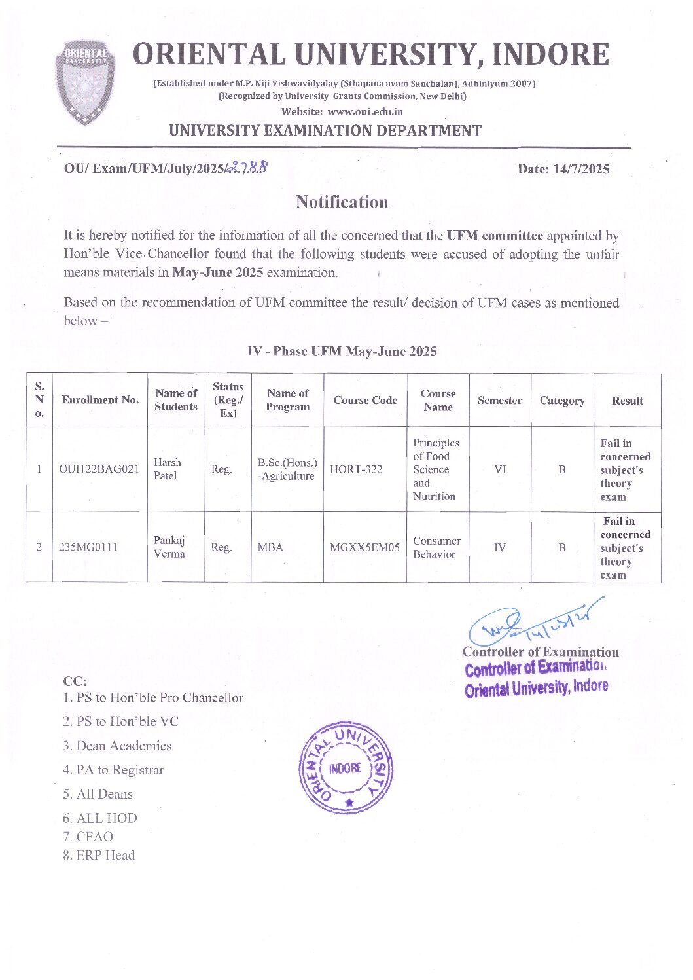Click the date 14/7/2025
[x=563, y=169]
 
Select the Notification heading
[x=342, y=202]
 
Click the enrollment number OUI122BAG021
[x=99, y=469]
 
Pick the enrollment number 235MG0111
[x=88, y=547]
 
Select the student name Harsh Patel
[x=167, y=469]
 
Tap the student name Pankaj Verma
[x=169, y=547]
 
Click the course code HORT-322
[x=356, y=469]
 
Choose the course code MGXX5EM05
[x=364, y=547]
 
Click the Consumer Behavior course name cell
[x=436, y=547]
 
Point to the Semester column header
[x=499, y=401]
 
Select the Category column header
[x=561, y=401]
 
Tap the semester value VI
[x=500, y=469]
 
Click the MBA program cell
[x=270, y=547]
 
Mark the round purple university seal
[x=346, y=768]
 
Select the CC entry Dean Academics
[x=117, y=746]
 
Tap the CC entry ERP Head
[x=99, y=855]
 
